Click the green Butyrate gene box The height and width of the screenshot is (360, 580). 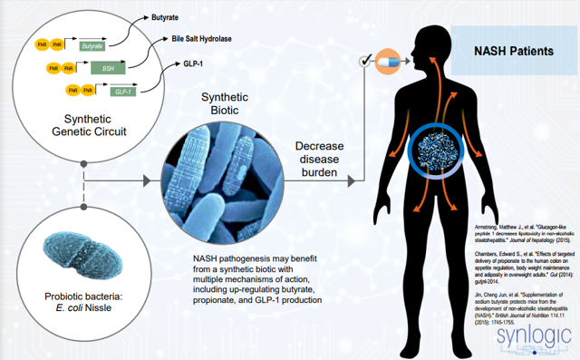point(92,44)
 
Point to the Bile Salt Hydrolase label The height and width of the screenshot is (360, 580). point(208,40)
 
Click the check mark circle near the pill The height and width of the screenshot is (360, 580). point(365,63)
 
